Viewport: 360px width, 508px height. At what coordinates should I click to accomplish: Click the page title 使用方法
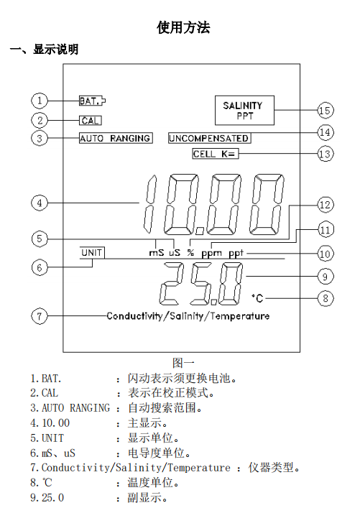(183, 28)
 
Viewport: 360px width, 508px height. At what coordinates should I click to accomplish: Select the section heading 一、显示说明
(44, 50)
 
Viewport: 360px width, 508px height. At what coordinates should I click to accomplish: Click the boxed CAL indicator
(90, 120)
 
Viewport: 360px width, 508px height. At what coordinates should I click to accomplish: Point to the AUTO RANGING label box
(115, 138)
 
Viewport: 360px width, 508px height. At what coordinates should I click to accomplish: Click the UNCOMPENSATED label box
(209, 138)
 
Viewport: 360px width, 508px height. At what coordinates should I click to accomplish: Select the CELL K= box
(214, 154)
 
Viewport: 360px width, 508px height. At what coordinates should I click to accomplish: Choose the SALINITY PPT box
(242, 110)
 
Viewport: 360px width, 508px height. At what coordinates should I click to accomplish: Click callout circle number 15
(326, 110)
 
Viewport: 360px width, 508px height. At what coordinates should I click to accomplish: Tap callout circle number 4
(40, 203)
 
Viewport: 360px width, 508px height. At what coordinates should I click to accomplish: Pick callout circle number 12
(326, 205)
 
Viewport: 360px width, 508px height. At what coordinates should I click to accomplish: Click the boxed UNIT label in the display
(92, 253)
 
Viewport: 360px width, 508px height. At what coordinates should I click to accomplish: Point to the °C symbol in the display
(258, 297)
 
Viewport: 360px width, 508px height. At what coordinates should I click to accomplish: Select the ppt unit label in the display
(238, 253)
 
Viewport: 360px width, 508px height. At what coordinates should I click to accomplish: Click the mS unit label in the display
(156, 253)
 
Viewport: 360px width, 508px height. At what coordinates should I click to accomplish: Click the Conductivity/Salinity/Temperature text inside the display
(188, 316)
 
